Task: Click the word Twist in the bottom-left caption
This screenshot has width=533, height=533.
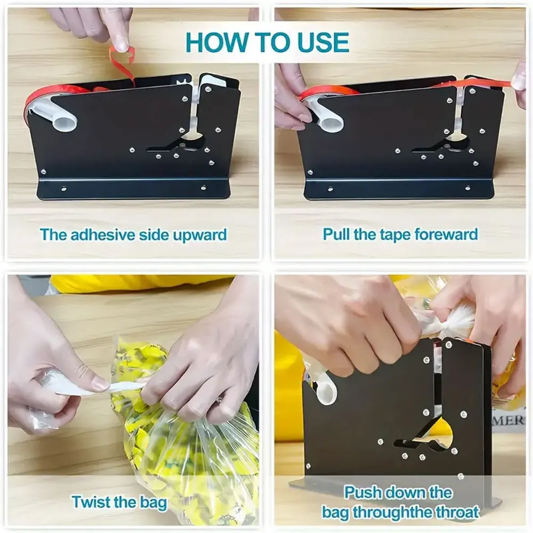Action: [x=91, y=502]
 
